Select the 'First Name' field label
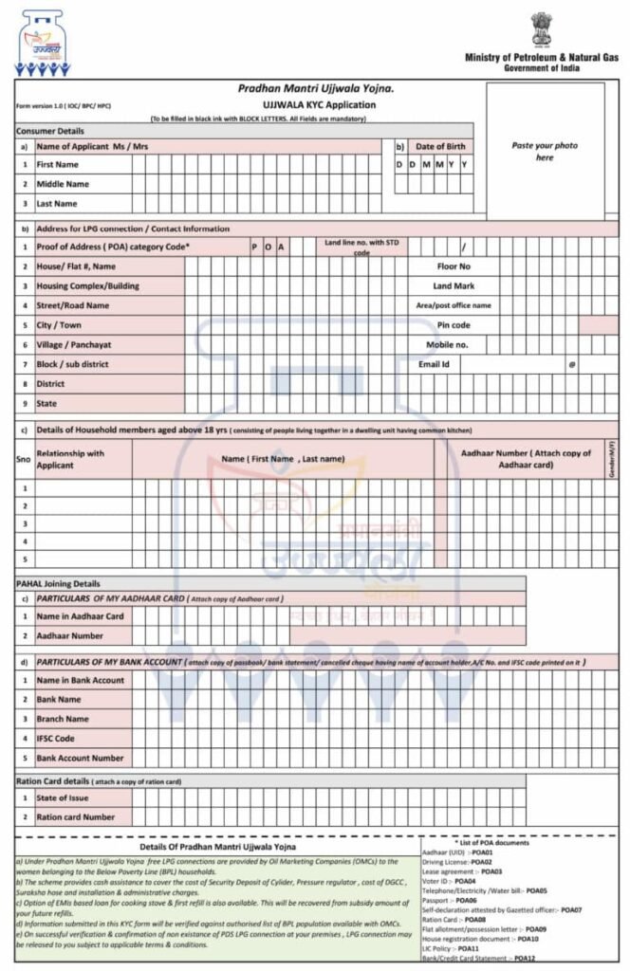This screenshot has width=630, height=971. coord(57,164)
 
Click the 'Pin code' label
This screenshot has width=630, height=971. coord(454,325)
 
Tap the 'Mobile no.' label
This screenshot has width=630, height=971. coord(447,344)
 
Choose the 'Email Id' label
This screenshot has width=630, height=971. coord(434,364)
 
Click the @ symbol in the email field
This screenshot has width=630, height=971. coord(572,364)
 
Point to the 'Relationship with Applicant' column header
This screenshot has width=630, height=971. coord(70,460)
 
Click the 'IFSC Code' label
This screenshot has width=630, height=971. coord(56,738)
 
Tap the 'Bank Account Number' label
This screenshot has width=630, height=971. coord(80,758)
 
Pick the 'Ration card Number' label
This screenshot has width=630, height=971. coord(76,816)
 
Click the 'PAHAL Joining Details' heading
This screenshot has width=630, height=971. coord(58,583)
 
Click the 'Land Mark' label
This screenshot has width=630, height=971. coord(454,285)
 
